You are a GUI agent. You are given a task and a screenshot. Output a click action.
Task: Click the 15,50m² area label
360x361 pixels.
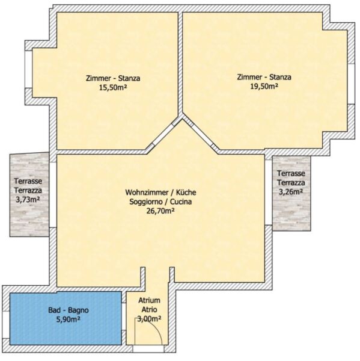point(114,88)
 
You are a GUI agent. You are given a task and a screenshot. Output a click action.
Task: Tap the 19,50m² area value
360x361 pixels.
point(264,86)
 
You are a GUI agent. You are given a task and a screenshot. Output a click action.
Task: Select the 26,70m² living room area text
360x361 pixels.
point(160,211)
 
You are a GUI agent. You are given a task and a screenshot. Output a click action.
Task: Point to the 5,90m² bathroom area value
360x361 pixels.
point(69,319)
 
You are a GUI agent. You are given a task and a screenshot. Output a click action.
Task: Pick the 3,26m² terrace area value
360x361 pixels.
point(291,192)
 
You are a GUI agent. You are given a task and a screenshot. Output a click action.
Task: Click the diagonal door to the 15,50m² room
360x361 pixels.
point(163,136)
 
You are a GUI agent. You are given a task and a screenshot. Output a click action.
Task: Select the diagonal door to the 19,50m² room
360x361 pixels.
point(200,134)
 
